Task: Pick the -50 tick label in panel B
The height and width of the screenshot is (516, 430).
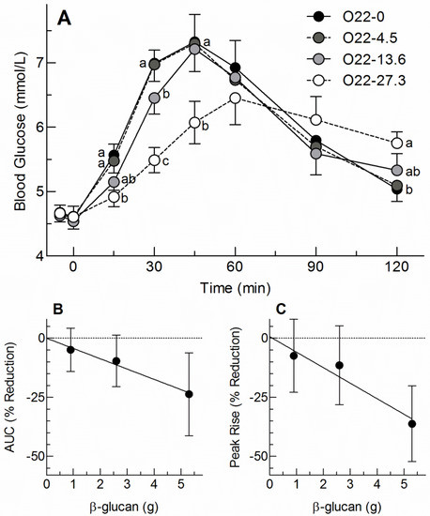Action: point(27,455)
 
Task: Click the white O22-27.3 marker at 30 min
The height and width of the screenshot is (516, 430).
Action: point(155,159)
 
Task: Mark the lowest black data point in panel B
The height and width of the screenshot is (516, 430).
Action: point(190,394)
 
